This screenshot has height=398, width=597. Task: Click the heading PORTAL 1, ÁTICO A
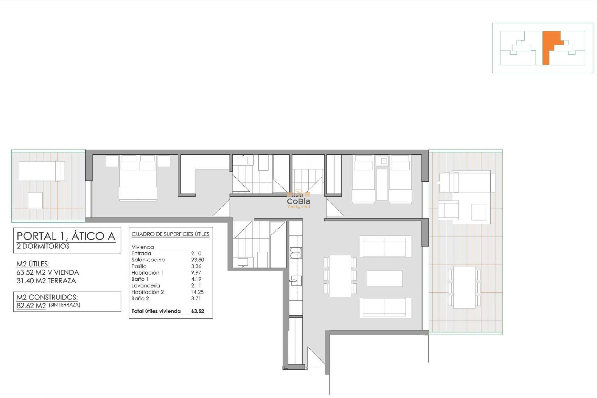coord(66,236)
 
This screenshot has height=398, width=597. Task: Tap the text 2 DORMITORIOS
coord(43,246)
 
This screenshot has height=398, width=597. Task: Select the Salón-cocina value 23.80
coord(197,260)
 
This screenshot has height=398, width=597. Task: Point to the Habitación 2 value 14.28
coord(197,292)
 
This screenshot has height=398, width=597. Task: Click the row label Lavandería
coord(146,285)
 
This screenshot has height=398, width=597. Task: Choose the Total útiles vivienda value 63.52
coord(197,311)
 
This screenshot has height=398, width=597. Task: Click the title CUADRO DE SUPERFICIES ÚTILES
coord(170,234)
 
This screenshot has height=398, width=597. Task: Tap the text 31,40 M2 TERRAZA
coord(46,281)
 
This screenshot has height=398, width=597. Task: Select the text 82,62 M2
coord(31,306)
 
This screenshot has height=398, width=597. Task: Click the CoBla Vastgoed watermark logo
coord(298,201)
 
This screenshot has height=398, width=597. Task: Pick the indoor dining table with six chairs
coord(340,276)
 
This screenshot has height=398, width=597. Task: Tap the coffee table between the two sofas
coord(385,279)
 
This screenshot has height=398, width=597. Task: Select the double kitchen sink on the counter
coord(296,253)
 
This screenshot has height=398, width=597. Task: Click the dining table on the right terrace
coord(464,287)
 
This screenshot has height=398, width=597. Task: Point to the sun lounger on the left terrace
coord(41,171)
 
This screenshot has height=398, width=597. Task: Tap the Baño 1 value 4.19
coord(196,279)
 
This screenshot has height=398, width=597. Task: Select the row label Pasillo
coord(139,266)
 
